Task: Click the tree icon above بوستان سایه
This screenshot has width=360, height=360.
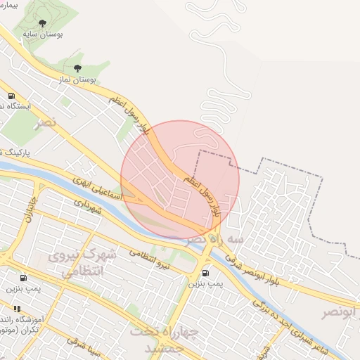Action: pyautogui.click(x=44, y=24)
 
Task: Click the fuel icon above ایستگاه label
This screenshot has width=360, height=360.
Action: pyautogui.click(x=11, y=96)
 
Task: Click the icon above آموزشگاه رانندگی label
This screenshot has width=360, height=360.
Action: pyautogui.click(x=16, y=308)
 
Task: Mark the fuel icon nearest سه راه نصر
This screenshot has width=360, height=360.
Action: pyautogui.click(x=205, y=273)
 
